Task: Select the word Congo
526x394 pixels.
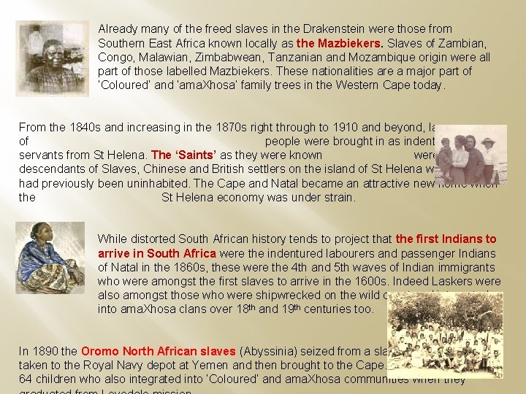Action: click(x=115, y=58)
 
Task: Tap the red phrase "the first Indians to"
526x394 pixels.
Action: click(x=446, y=239)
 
